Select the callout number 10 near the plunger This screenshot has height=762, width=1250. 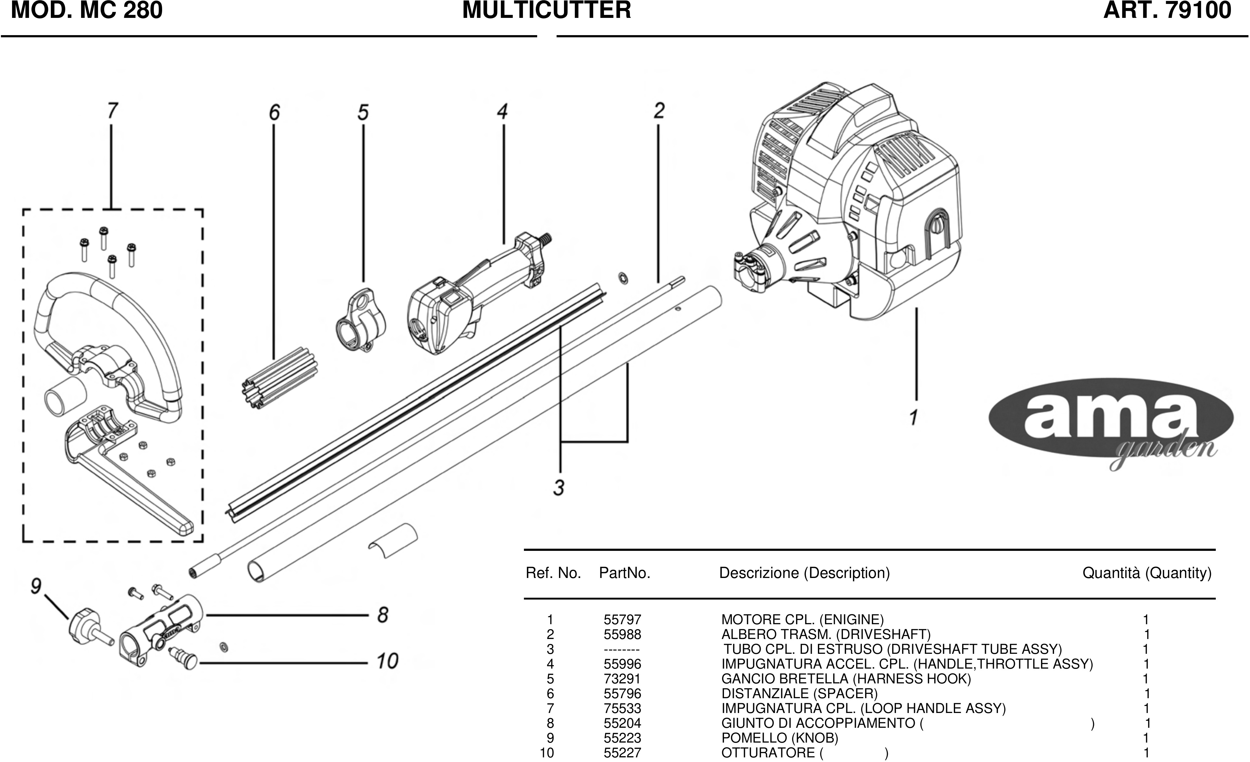tap(387, 661)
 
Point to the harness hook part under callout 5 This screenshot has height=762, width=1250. tap(360, 321)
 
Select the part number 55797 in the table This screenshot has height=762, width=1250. tap(622, 620)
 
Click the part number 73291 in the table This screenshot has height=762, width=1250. tap(622, 679)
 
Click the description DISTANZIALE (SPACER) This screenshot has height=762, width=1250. tap(799, 694)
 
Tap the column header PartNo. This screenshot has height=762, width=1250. tap(624, 573)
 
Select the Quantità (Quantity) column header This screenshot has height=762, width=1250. tap(1146, 573)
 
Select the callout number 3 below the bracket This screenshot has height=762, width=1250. tap(558, 488)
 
